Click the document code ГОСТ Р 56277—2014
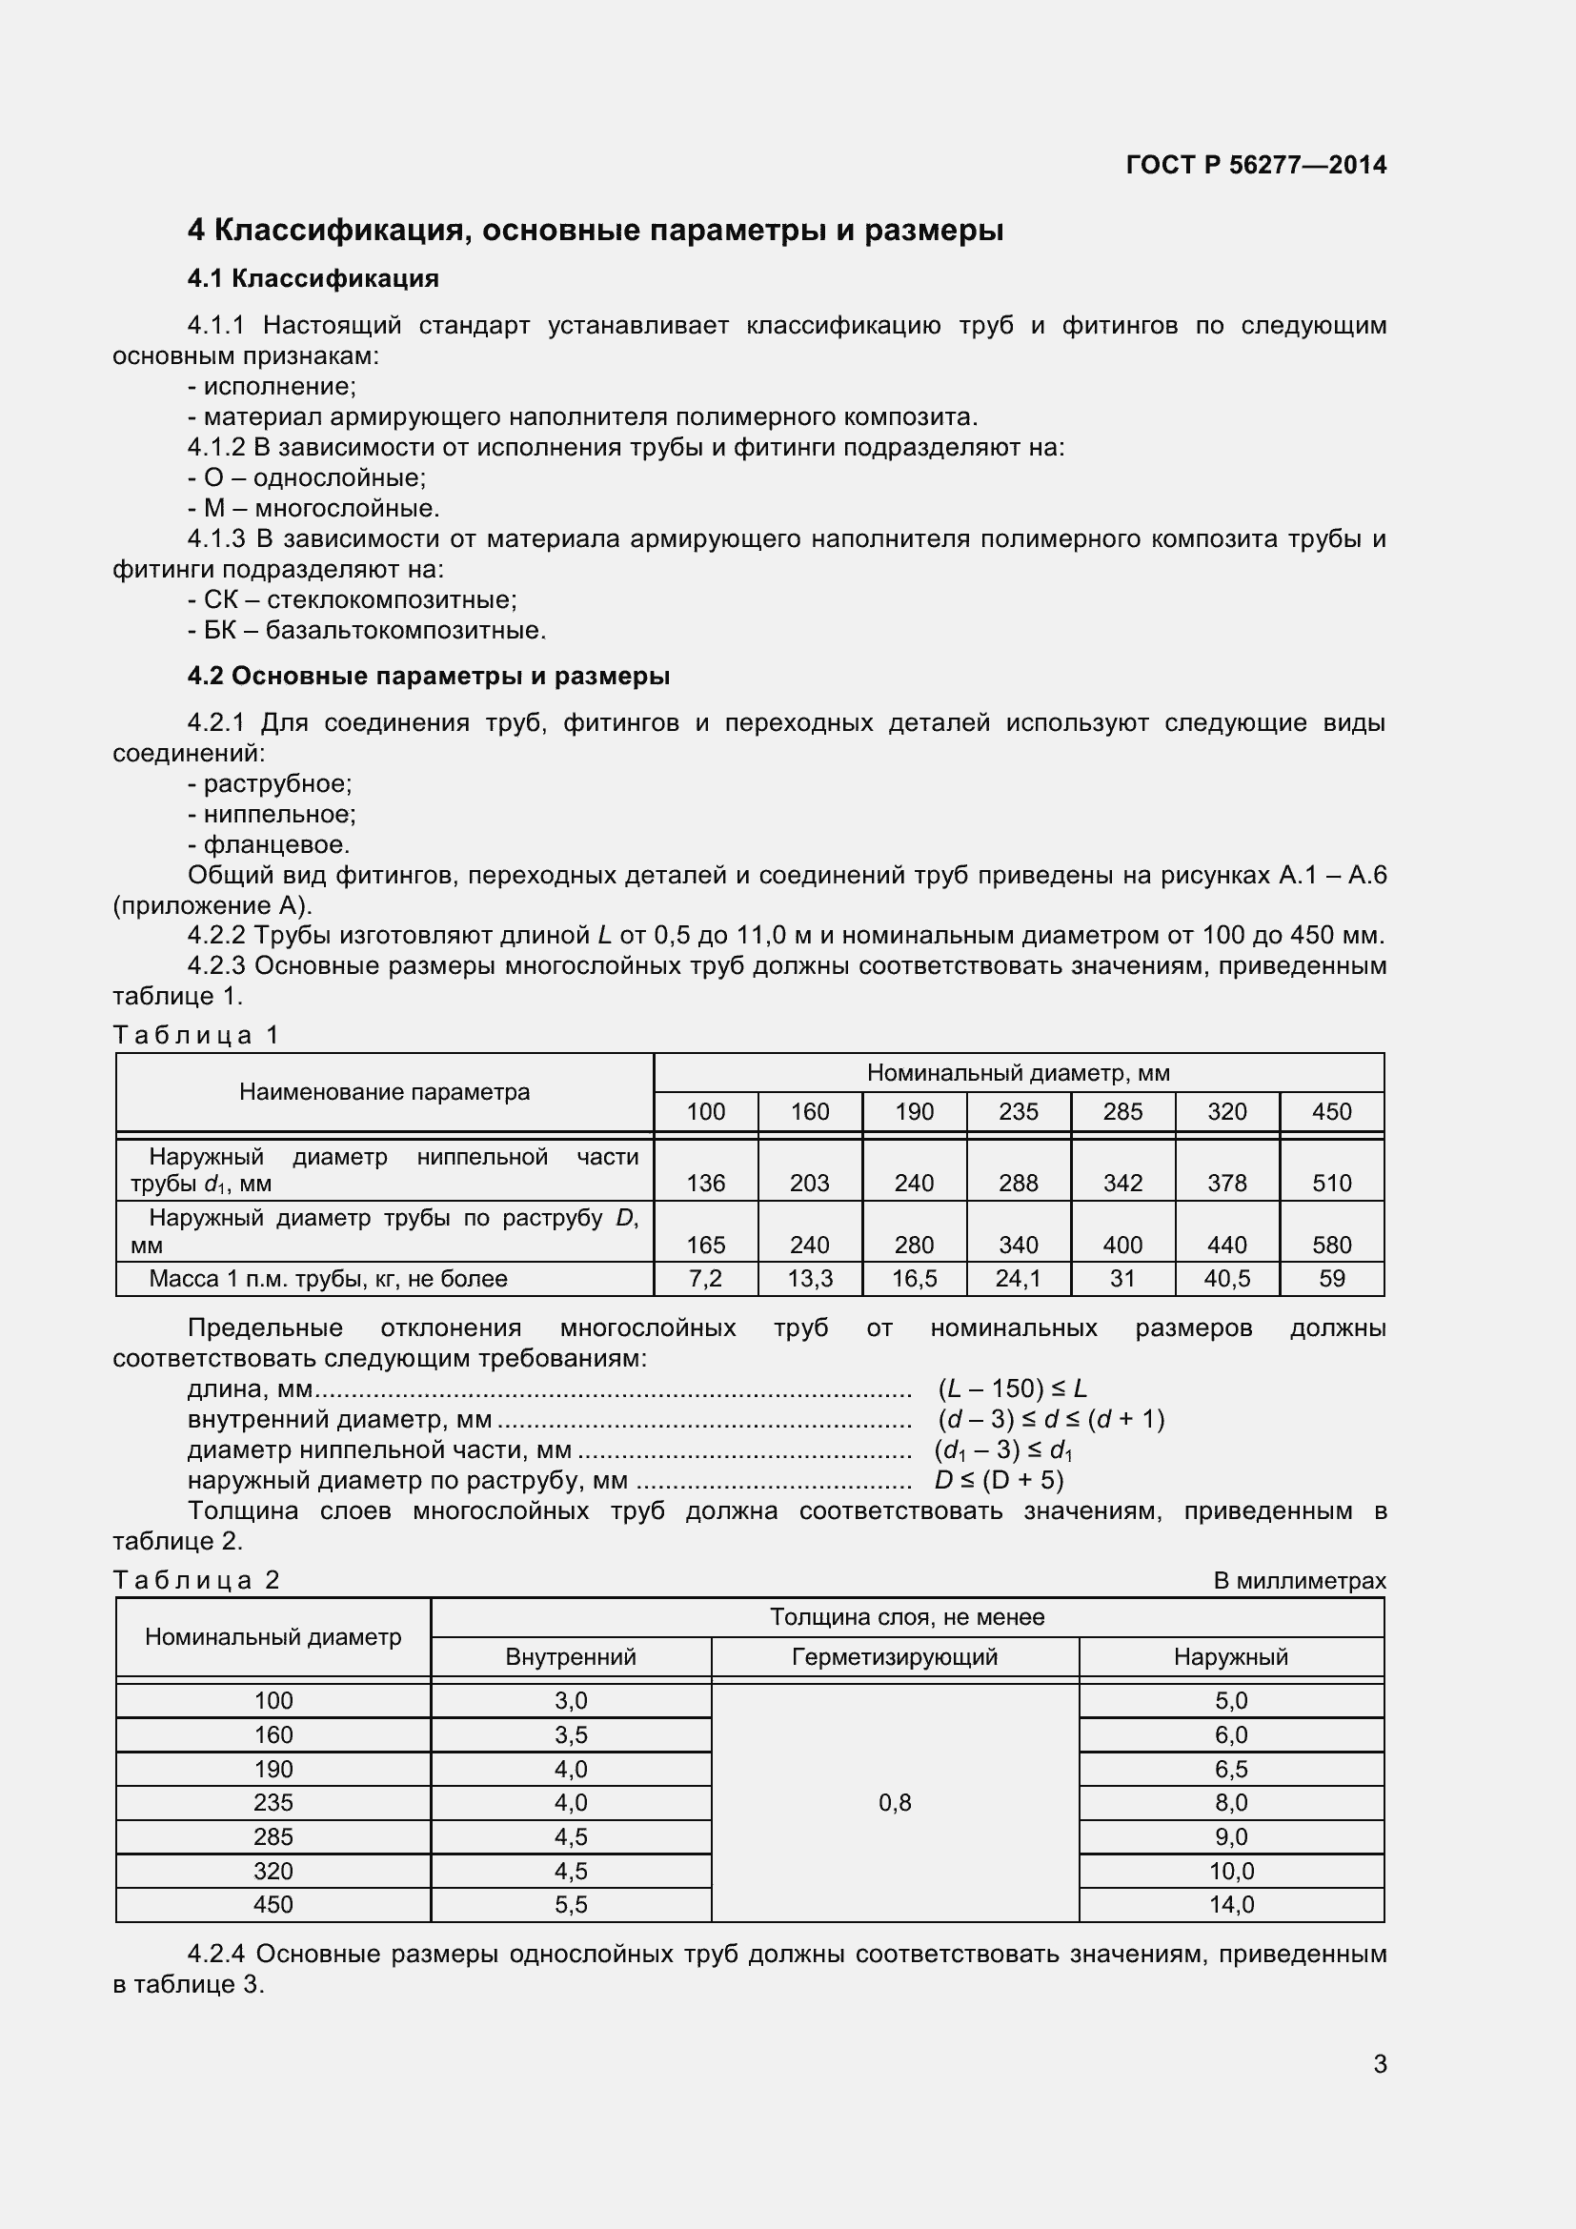point(1255,165)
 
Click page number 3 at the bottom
point(1379,2064)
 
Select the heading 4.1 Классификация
point(313,278)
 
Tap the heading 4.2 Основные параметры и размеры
point(428,676)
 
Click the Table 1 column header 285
point(1121,1111)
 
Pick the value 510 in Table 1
point(1330,1183)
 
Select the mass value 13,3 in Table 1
point(809,1279)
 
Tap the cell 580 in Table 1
point(1330,1245)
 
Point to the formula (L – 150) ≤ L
point(1011,1388)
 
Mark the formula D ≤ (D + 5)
point(998,1480)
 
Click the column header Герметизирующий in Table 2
point(894,1656)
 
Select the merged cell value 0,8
point(894,1802)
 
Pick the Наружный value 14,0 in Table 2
point(1230,1904)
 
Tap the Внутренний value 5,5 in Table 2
point(571,1904)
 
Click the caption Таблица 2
point(196,1580)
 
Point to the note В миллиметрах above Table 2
point(1299,1580)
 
